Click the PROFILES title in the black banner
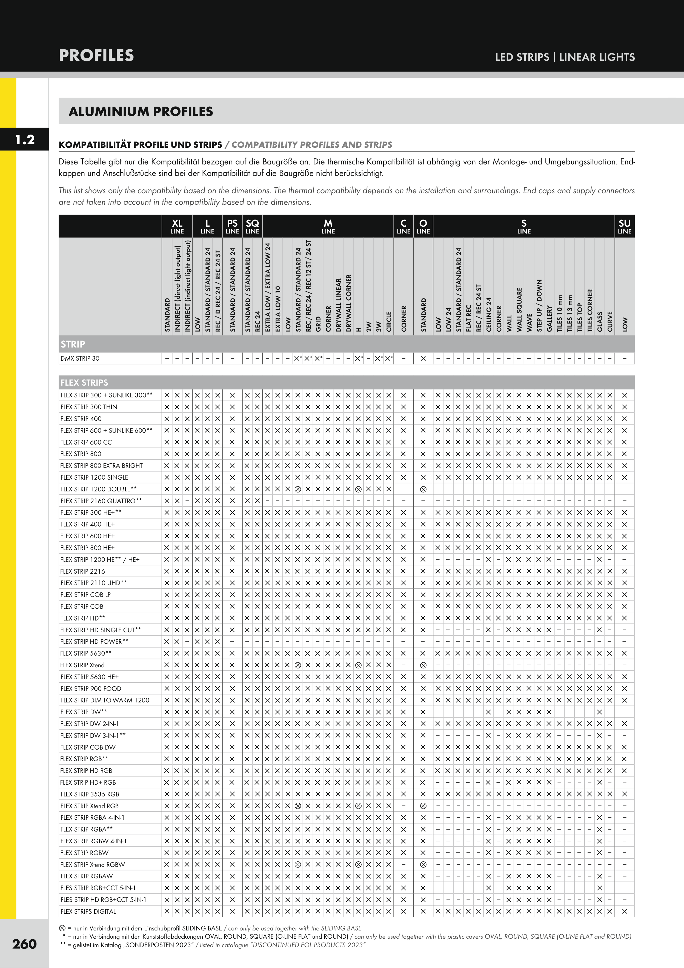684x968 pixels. (x=96, y=55)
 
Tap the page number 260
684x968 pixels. (x=24, y=944)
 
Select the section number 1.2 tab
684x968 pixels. (x=24, y=139)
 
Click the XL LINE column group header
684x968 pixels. (x=177, y=226)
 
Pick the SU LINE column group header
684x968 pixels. (x=624, y=226)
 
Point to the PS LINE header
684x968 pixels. (x=232, y=226)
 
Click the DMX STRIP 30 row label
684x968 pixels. (x=80, y=358)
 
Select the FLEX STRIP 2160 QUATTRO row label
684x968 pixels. (x=101, y=501)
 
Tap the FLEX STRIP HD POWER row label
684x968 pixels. (x=95, y=641)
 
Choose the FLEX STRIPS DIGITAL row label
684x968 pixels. (x=88, y=911)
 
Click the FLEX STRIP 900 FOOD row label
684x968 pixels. (x=91, y=688)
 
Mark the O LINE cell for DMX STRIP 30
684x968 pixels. (x=423, y=358)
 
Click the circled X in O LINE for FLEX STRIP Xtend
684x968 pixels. (x=423, y=665)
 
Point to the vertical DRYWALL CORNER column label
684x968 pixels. (x=348, y=303)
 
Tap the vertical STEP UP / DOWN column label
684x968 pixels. (x=539, y=305)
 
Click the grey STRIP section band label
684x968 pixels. (x=73, y=344)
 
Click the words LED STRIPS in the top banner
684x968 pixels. (x=522, y=57)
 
